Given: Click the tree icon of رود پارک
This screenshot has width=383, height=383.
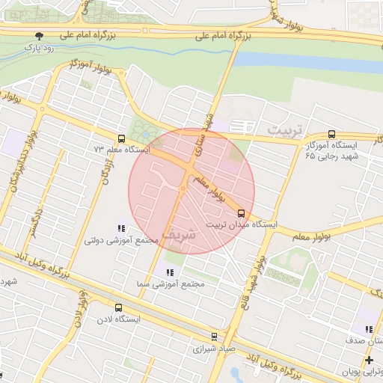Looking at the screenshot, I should [40, 36].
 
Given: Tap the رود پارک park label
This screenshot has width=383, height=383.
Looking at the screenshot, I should [40, 49].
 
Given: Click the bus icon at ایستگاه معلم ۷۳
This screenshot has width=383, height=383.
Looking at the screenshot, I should [121, 138].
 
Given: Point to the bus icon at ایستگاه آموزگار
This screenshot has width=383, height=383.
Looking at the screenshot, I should [331, 135].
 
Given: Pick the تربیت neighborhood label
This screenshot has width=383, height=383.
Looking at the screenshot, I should [286, 131].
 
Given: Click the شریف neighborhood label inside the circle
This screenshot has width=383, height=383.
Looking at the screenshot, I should [181, 232].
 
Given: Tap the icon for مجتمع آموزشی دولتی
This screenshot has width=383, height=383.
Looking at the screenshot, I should [121, 229].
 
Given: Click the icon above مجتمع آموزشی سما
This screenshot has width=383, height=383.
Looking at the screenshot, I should [170, 272].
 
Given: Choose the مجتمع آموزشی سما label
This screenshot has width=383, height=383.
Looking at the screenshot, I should [168, 284].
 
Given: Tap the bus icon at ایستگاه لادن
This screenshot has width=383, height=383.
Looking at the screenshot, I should [118, 307].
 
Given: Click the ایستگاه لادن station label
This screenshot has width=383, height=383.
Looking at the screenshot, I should [118, 319].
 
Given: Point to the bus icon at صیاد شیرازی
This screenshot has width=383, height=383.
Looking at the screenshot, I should [215, 336].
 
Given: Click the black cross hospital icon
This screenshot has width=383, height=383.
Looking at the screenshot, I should [369, 361].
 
